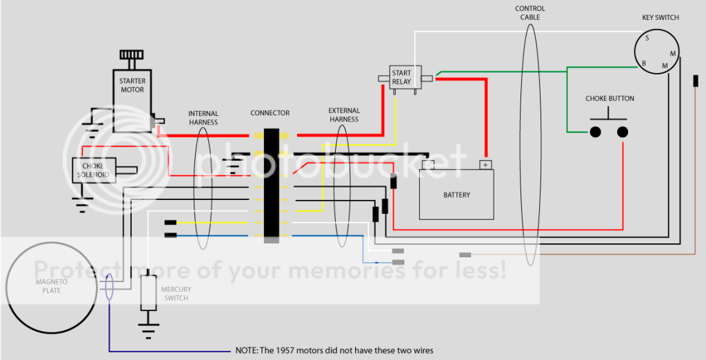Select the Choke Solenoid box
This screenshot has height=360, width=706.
pos(93,170)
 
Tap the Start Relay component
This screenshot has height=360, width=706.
pos(401,77)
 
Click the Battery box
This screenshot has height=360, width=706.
pos(456,194)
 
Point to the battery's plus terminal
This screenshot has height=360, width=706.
pos(485,165)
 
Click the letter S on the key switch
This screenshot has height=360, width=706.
pos(647,39)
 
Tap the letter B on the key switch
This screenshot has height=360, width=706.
pos(643,64)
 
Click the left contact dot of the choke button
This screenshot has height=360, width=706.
pos(594,131)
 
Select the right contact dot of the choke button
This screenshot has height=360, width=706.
pos(623,131)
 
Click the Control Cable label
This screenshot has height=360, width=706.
pos(529,12)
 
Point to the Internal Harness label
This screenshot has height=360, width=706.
pos(203,118)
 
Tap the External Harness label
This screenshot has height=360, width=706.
pos(343,114)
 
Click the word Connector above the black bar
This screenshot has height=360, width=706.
pos(270,113)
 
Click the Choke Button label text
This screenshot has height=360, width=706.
pos(609,99)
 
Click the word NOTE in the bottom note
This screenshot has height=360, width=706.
pos(246,350)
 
